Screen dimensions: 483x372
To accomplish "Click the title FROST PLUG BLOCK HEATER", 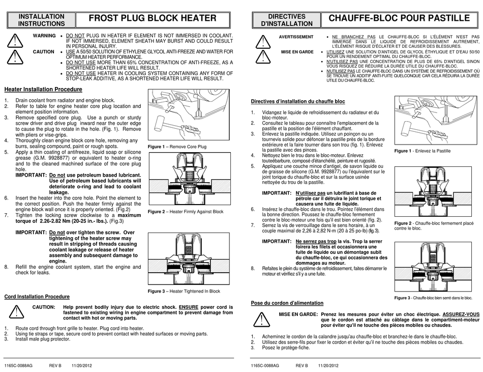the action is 153,18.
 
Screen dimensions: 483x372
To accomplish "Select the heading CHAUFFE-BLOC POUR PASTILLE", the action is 399,18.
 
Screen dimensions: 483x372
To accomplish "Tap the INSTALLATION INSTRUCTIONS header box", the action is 41,20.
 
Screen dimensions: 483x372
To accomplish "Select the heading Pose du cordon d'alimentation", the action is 287,303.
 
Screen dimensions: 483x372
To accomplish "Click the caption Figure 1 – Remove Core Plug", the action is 177,147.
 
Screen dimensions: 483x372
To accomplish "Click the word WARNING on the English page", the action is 44,36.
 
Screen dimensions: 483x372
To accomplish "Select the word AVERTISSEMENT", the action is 296,37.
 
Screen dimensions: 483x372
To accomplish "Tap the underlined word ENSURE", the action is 192,307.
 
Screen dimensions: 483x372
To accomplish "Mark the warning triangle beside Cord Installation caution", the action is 17,311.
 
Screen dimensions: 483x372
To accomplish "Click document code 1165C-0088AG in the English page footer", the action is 18,365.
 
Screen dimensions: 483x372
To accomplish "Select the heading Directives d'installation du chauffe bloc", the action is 298,101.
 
